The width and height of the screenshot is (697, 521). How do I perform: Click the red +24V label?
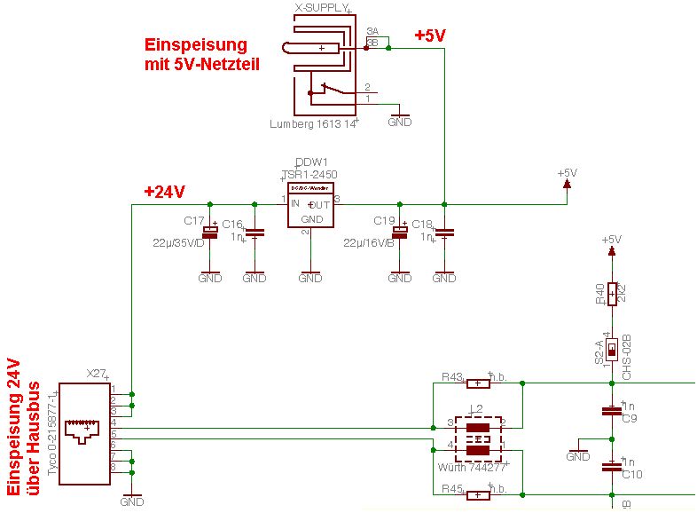pos(164,191)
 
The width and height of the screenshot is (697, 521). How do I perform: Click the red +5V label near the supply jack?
pos(430,36)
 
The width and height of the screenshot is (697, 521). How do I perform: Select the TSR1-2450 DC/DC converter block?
pos(309,207)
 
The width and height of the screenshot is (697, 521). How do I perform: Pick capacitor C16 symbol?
pos(255,233)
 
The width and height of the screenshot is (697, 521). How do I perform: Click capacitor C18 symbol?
pos(444,233)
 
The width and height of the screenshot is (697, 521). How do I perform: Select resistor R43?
pos(478,383)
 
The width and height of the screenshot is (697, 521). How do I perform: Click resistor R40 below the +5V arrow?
pos(611,294)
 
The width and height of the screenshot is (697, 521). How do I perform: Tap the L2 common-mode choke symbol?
pos(479,438)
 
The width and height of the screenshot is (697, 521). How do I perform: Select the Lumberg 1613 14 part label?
pos(313,124)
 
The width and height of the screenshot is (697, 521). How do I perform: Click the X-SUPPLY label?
pos(321,8)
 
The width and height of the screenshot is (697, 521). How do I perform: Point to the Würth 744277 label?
pos(472,466)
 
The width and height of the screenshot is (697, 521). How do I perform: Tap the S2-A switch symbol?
pos(611,350)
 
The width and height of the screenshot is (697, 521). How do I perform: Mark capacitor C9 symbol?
pos(611,410)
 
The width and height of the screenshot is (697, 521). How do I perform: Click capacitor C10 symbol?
pos(611,465)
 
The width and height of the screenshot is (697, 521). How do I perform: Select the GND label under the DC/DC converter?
pos(310,278)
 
